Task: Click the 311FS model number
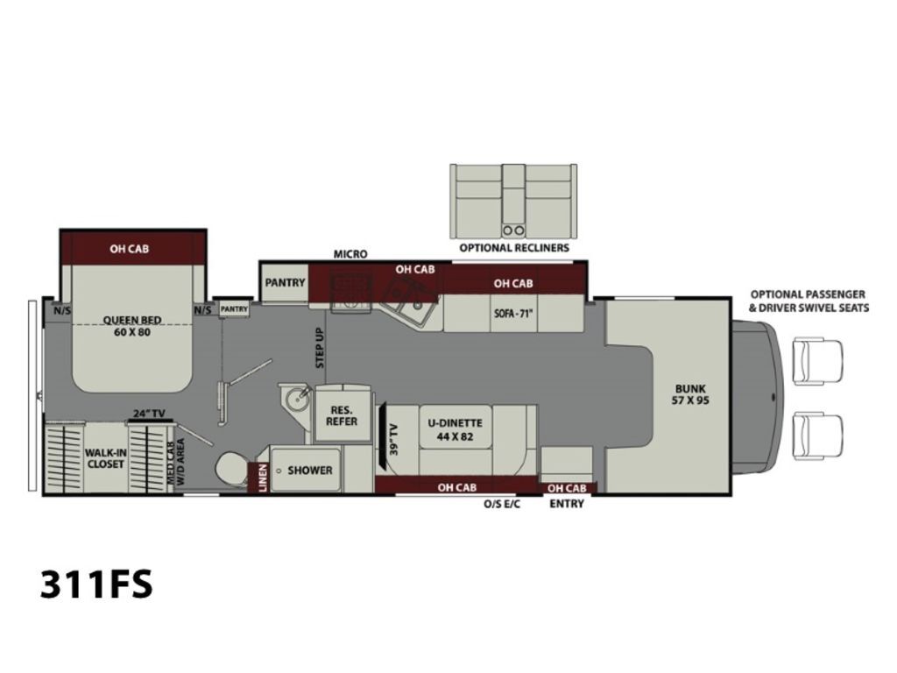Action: (x=96, y=584)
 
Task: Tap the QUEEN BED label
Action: (x=132, y=326)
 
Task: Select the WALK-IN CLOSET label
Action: (x=106, y=457)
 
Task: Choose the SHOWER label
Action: (x=310, y=471)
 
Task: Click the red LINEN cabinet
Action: (x=259, y=478)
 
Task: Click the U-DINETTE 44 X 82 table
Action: (x=456, y=429)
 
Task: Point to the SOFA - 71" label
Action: (x=513, y=314)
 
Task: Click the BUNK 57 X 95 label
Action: (x=690, y=394)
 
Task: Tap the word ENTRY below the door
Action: (x=567, y=504)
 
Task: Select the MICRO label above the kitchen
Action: (x=350, y=254)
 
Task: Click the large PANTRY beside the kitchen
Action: (x=285, y=283)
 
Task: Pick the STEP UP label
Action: (x=321, y=348)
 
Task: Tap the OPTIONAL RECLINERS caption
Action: (x=514, y=248)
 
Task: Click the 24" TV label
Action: (x=149, y=414)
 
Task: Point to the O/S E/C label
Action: (x=502, y=504)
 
